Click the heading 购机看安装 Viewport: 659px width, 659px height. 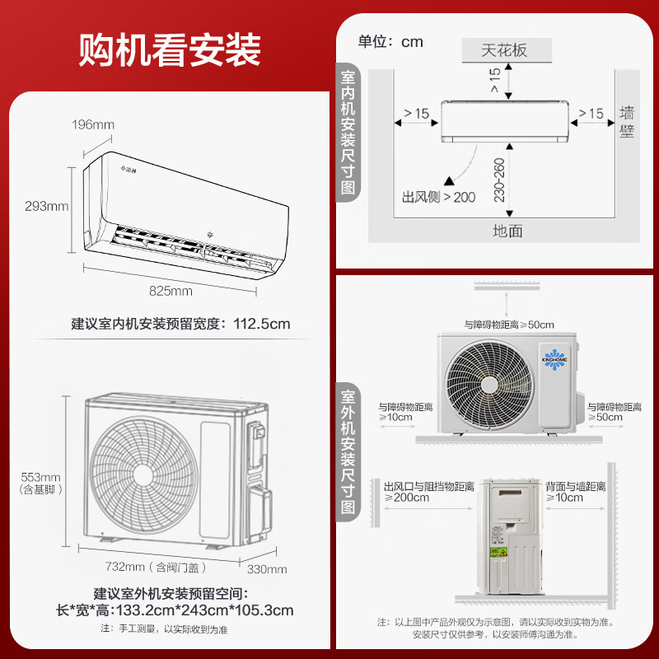[x=170, y=49]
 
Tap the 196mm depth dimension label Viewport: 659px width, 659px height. [x=92, y=124]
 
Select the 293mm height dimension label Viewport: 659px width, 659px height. [x=46, y=206]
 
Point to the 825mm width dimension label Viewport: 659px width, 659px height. [x=171, y=291]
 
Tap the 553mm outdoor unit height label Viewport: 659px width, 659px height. [x=40, y=477]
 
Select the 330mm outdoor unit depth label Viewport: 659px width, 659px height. [x=267, y=569]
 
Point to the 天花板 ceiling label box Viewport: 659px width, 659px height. [x=504, y=49]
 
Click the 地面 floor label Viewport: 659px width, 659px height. [x=507, y=231]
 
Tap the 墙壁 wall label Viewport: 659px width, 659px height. [x=628, y=121]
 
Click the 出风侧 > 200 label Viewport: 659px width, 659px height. [x=438, y=198]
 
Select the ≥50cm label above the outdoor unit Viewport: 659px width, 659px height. [x=508, y=325]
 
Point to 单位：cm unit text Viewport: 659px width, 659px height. [x=390, y=41]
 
